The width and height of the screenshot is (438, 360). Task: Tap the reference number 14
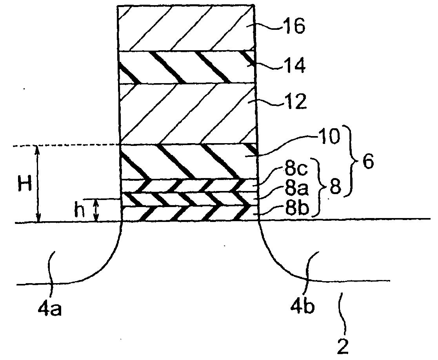[294, 66]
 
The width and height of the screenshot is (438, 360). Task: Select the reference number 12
[294, 103]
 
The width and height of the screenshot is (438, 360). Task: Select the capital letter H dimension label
[25, 184]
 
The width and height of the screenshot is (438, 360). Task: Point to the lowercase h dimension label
[79, 211]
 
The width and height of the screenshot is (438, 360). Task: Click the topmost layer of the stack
[186, 28]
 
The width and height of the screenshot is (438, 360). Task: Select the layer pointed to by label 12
[186, 114]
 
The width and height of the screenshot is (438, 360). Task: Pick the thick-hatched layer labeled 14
[186, 67]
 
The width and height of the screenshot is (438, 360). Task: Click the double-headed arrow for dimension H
[38, 184]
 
